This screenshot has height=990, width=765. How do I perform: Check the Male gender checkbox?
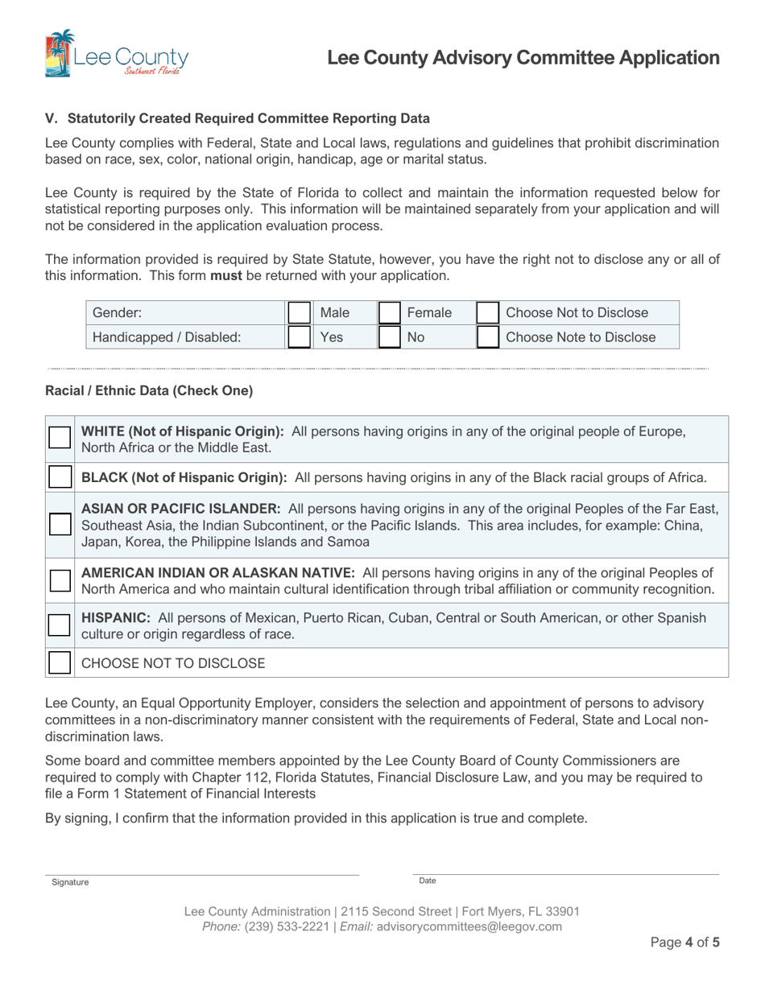(300, 313)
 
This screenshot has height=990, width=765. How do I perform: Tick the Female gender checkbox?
(390, 313)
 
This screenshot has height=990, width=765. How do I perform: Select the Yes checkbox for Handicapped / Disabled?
(300, 336)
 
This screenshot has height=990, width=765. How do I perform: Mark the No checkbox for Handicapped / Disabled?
(390, 336)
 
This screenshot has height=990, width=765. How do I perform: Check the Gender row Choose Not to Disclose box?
(488, 313)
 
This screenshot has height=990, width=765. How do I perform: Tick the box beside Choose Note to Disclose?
(488, 336)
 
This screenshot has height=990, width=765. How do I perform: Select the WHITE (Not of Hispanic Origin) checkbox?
(60, 438)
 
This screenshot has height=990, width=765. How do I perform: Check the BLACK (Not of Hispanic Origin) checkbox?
(60, 477)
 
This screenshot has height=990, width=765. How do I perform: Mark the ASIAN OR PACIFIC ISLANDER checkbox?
(60, 525)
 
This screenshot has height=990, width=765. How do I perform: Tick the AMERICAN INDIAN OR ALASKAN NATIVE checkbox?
(60, 580)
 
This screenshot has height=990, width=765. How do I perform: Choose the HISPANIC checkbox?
(60, 625)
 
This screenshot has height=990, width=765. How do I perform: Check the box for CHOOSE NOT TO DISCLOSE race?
(60, 663)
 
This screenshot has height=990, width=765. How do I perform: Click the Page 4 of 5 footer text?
(684, 943)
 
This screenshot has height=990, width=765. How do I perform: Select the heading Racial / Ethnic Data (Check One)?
(149, 391)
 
